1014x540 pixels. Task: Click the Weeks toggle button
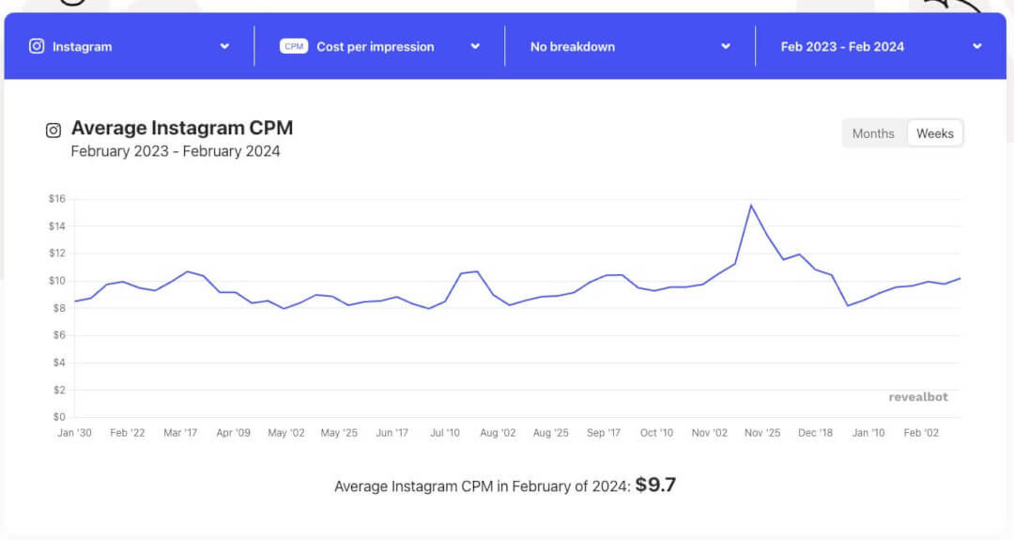pos(934,133)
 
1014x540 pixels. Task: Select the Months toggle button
pos(873,133)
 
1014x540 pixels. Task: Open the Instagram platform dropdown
pos(130,46)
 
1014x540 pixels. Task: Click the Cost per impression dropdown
pos(379,46)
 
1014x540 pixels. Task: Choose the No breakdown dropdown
pos(629,46)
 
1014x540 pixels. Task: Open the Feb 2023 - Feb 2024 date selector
pos(881,46)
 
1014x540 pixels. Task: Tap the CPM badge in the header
pos(294,46)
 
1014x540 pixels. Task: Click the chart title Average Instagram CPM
pos(181,129)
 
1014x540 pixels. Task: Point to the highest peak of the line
pos(751,205)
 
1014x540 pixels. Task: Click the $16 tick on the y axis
pos(56,199)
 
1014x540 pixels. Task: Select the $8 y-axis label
pos(56,308)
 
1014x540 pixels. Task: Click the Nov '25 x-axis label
pos(761,433)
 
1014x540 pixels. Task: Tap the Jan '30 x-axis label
pos(74,433)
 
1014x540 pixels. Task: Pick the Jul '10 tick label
pos(444,433)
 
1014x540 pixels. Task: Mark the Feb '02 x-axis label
pos(920,433)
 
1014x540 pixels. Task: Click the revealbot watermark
pos(918,397)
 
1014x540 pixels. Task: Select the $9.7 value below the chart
pos(655,486)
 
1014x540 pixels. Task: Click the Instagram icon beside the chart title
pos(54,131)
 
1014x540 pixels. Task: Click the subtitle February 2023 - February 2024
pos(176,151)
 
